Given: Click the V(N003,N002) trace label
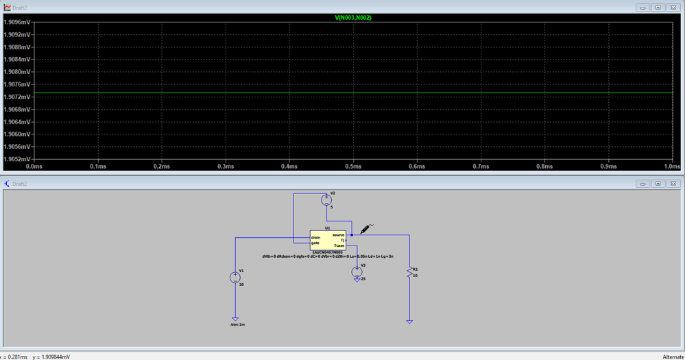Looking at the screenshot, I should pos(353,18).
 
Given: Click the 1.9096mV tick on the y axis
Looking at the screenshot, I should pos(16,22).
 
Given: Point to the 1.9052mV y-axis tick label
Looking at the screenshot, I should pos(16,158).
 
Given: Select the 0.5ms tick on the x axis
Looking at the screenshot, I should pos(353,166).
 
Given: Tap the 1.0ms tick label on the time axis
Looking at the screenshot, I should pos(672,166).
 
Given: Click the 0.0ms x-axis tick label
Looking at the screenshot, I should pos(34,166).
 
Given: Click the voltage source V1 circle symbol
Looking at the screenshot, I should pos(235,277).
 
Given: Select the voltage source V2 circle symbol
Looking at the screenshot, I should pos(326,200).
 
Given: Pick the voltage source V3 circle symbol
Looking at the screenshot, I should pos(357,272).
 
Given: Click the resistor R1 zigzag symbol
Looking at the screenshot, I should pos(409,273).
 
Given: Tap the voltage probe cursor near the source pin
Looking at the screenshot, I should pos(365,228).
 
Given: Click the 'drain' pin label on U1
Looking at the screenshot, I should pos(315,237).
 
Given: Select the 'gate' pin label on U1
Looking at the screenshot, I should pos(315,243).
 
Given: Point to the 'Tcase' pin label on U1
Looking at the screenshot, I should pos(339,245).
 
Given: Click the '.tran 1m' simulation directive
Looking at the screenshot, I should pos(237,324).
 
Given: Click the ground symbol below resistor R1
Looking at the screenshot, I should pos(409,321).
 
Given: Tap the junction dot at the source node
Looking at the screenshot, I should pos(352,235).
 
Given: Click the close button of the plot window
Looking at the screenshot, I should pos(673,8).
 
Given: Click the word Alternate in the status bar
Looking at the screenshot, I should pos(672,357).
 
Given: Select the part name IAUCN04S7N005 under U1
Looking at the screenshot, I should pos(328,252).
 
